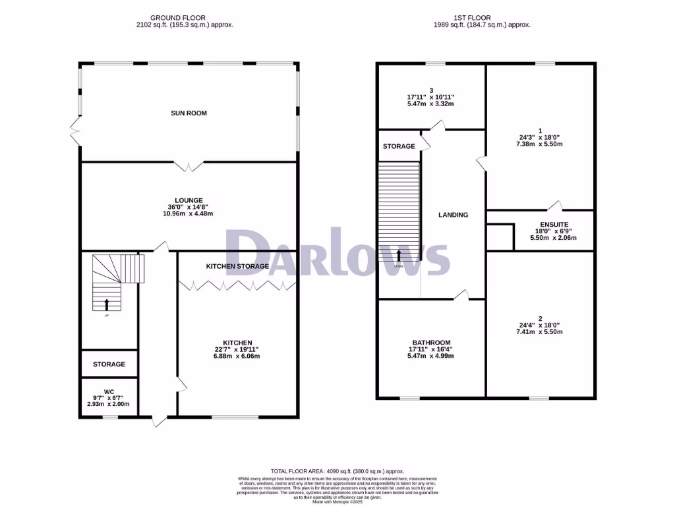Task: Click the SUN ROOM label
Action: (189, 113)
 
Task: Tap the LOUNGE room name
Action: (189, 200)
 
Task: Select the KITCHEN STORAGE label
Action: (237, 266)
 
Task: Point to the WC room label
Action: (109, 390)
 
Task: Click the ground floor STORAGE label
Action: (109, 364)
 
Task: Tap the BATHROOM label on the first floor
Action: (431, 343)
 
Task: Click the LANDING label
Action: (454, 215)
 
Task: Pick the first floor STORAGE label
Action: (399, 146)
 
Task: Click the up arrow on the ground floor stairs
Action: (107, 304)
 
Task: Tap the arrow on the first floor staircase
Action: (399, 256)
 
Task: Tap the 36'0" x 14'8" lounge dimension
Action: (189, 207)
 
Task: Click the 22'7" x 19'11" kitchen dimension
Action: (237, 350)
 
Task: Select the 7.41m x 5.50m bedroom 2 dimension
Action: (540, 333)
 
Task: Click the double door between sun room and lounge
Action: (189, 165)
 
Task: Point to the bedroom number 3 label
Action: (431, 90)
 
